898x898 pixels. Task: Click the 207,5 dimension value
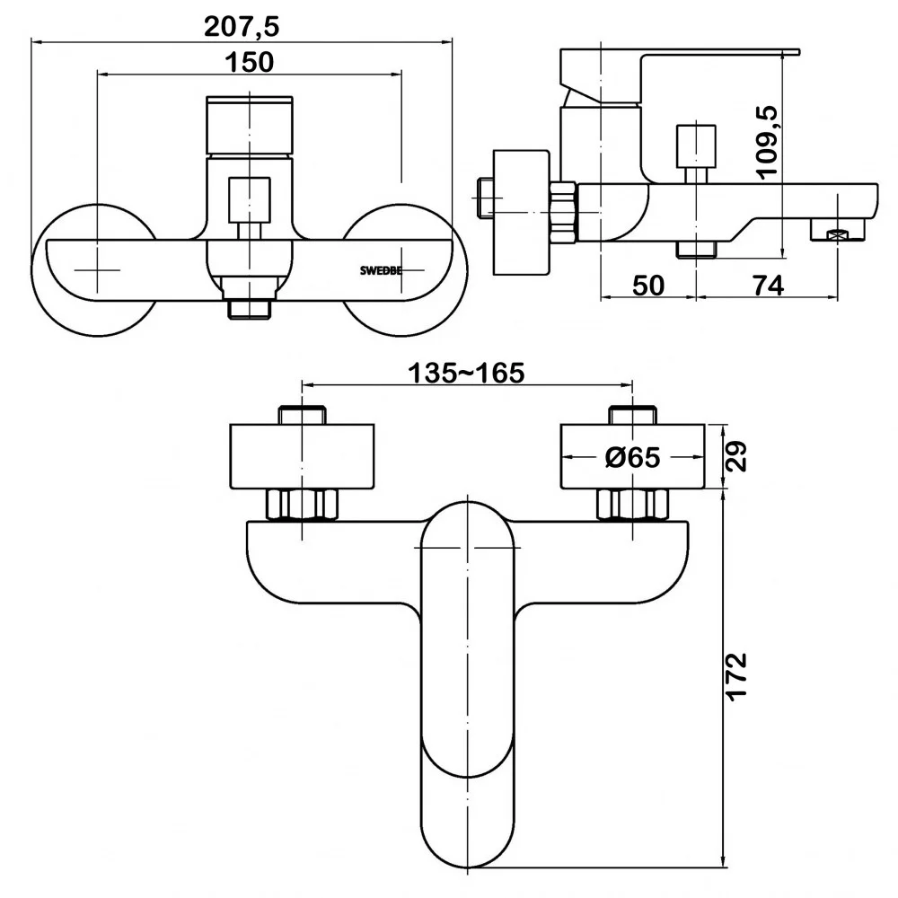(242, 27)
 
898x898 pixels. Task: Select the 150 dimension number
(249, 62)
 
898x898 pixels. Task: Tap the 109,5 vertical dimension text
(766, 143)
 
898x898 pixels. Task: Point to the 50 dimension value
(648, 286)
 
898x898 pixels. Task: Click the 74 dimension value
(769, 286)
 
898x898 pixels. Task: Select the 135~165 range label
(466, 374)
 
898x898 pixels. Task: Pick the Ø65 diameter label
(633, 458)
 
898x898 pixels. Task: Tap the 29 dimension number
(737, 456)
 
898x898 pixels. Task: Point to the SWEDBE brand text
(381, 271)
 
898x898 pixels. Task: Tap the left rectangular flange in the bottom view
(302, 456)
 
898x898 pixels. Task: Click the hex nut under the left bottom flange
(303, 505)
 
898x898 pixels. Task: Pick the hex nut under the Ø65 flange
(633, 505)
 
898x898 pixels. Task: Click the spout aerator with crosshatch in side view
(837, 232)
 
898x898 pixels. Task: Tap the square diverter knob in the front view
(249, 199)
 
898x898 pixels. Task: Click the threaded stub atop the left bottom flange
(303, 415)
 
